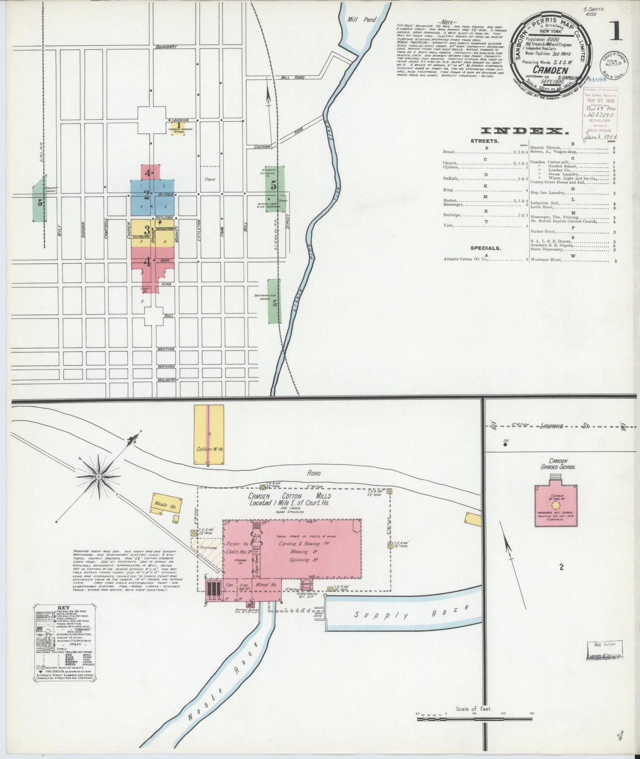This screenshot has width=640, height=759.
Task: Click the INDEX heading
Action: (524, 131)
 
